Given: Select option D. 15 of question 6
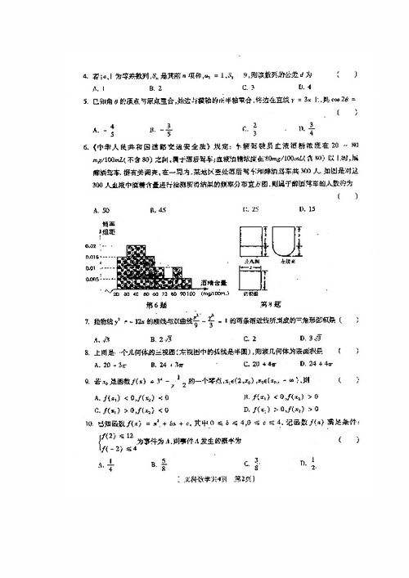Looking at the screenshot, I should tap(307, 210).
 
